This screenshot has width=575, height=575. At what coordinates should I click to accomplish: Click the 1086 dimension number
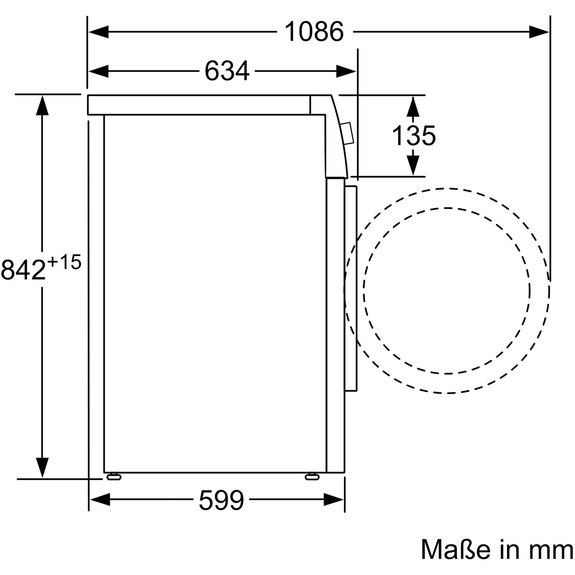[314, 32]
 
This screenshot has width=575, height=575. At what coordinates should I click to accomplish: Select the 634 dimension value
[227, 71]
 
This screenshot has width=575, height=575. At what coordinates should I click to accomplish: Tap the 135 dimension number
[414, 136]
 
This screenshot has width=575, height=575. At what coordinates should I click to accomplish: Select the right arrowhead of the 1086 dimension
[539, 32]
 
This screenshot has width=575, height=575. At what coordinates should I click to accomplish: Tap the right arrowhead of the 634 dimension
[346, 71]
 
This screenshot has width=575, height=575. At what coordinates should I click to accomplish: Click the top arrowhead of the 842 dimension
[42, 106]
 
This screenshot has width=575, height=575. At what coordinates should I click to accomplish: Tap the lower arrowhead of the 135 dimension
[413, 165]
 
